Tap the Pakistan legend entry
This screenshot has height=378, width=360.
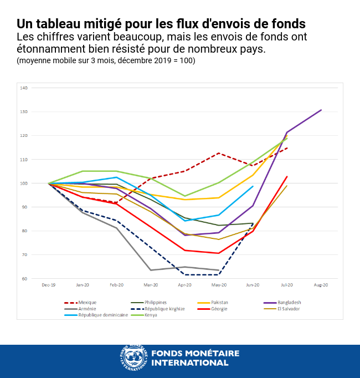tap(219, 303)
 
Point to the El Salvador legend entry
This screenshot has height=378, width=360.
tap(289, 309)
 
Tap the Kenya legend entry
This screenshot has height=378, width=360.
tap(151, 315)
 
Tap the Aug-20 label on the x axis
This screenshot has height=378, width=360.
tap(321, 285)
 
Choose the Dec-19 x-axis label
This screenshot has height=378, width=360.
tap(49, 285)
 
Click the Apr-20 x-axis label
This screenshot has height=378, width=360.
tap(184, 285)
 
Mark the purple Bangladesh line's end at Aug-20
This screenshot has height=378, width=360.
tap(321, 110)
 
